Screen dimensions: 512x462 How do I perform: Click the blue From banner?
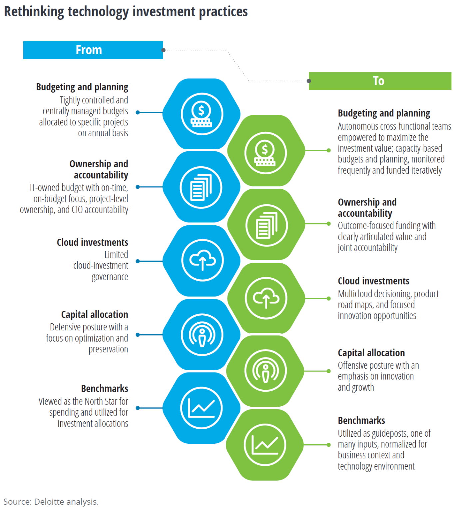point(93,50)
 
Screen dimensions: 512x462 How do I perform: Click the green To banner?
point(380,81)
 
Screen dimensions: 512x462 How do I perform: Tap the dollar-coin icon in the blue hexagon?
point(202,114)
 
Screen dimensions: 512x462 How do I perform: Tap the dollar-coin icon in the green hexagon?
point(265,153)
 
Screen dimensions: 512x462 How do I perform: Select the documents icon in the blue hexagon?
point(201,188)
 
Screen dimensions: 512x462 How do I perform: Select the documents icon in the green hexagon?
point(266,226)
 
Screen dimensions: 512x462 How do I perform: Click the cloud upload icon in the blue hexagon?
point(203,260)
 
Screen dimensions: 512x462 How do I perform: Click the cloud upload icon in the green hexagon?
point(266,298)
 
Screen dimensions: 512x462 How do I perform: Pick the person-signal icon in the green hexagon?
point(265,371)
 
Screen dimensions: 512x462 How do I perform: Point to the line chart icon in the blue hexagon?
point(201,408)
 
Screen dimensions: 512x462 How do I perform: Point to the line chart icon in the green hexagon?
point(265,445)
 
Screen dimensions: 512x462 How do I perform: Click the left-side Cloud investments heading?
point(92,242)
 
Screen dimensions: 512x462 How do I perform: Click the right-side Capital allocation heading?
point(371,353)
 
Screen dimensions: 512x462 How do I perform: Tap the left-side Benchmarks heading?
point(105,389)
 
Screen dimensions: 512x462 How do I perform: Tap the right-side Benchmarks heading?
point(361,421)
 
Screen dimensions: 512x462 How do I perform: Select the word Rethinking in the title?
point(34,12)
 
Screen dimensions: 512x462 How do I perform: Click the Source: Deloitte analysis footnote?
point(51,502)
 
